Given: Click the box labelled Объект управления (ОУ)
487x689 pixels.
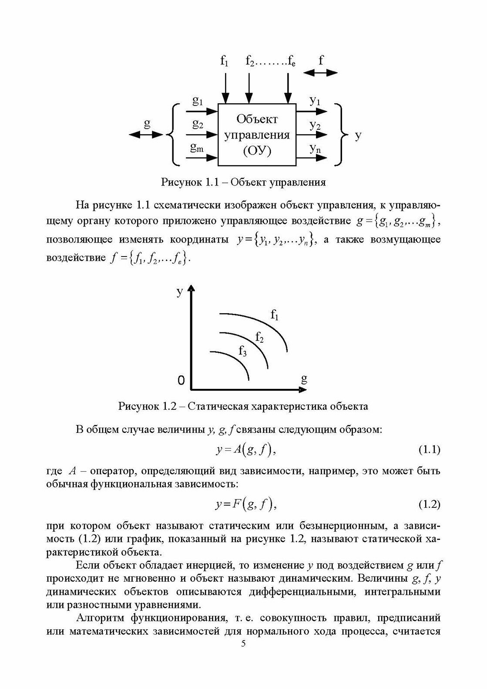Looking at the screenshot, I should click(x=257, y=135).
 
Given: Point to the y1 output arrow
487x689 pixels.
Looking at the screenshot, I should click(x=311, y=111).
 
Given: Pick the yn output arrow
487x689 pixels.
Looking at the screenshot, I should click(x=311, y=158).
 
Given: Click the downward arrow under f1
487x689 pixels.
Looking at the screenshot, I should click(x=225, y=87).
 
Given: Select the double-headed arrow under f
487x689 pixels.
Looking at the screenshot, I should click(x=320, y=73).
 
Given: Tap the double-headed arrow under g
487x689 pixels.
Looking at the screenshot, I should click(x=147, y=135).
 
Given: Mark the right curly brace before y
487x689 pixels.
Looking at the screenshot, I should click(x=342, y=135).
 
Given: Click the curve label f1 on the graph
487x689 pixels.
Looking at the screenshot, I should click(x=274, y=314).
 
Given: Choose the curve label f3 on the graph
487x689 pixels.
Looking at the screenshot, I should click(x=243, y=351).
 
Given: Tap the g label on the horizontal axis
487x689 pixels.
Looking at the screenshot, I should click(x=304, y=378).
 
